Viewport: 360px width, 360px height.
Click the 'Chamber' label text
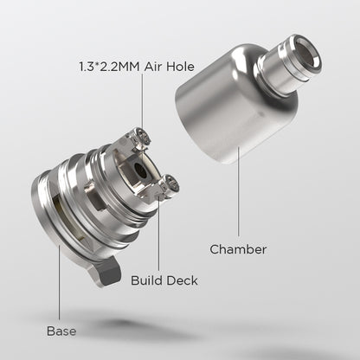[238, 249]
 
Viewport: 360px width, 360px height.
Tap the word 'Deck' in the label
[180, 280]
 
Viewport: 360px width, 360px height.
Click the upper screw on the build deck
[141, 134]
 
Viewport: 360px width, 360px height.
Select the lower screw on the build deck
[171, 183]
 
